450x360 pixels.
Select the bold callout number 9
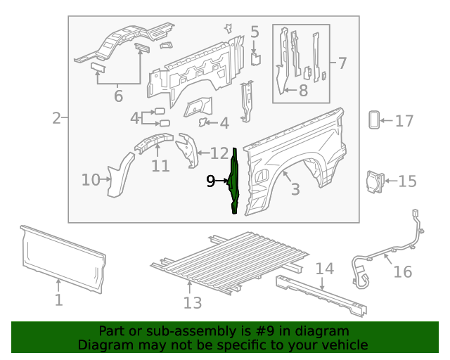210,181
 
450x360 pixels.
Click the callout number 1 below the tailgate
58,300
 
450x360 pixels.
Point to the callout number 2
56,118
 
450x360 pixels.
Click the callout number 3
295,188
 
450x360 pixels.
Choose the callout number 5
255,32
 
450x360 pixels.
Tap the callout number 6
117,96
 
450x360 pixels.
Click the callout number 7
342,63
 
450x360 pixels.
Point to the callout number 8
303,90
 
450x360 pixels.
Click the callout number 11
160,166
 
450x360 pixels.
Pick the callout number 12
219,153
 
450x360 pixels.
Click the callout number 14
323,269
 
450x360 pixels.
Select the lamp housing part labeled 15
373,180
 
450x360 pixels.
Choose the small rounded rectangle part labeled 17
373,120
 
